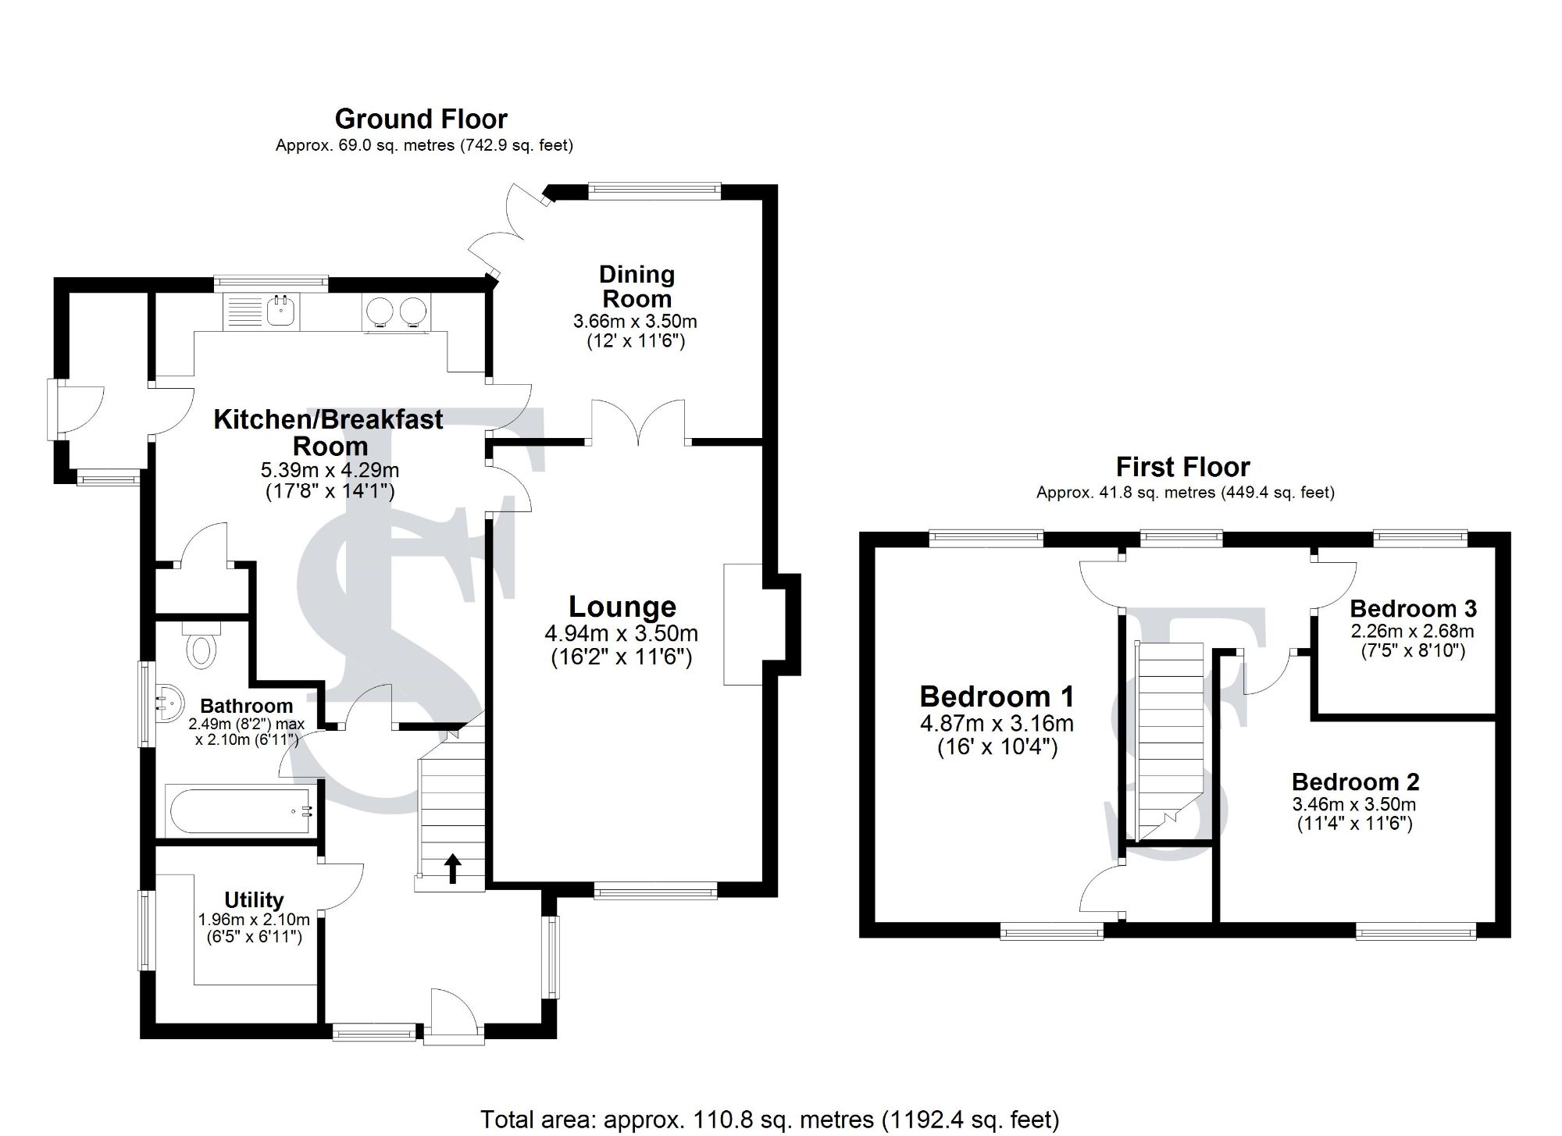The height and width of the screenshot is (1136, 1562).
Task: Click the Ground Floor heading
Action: [x=421, y=119]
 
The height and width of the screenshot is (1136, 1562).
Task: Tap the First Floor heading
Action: [x=1182, y=467]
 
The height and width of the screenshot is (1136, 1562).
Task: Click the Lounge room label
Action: [x=622, y=607]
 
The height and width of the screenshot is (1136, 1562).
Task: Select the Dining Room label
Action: [x=637, y=286]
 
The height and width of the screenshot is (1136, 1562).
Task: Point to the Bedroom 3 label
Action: [x=1413, y=608]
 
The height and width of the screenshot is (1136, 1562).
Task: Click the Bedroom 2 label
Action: [x=1355, y=782]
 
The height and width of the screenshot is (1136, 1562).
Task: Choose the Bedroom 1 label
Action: [x=997, y=696]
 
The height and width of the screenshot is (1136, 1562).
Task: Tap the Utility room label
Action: [x=254, y=899]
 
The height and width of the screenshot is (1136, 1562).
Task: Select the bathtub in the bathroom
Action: [x=241, y=812]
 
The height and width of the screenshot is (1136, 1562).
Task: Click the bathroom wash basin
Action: [x=168, y=700]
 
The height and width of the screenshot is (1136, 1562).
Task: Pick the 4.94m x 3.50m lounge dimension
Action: [x=622, y=633]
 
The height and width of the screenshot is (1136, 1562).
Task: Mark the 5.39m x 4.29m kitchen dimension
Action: [x=330, y=470]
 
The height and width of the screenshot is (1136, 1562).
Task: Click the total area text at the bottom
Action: [x=769, y=1120]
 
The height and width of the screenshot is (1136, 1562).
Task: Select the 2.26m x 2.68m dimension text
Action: [x=1413, y=632]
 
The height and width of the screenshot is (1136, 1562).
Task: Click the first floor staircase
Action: [x=1169, y=742]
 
